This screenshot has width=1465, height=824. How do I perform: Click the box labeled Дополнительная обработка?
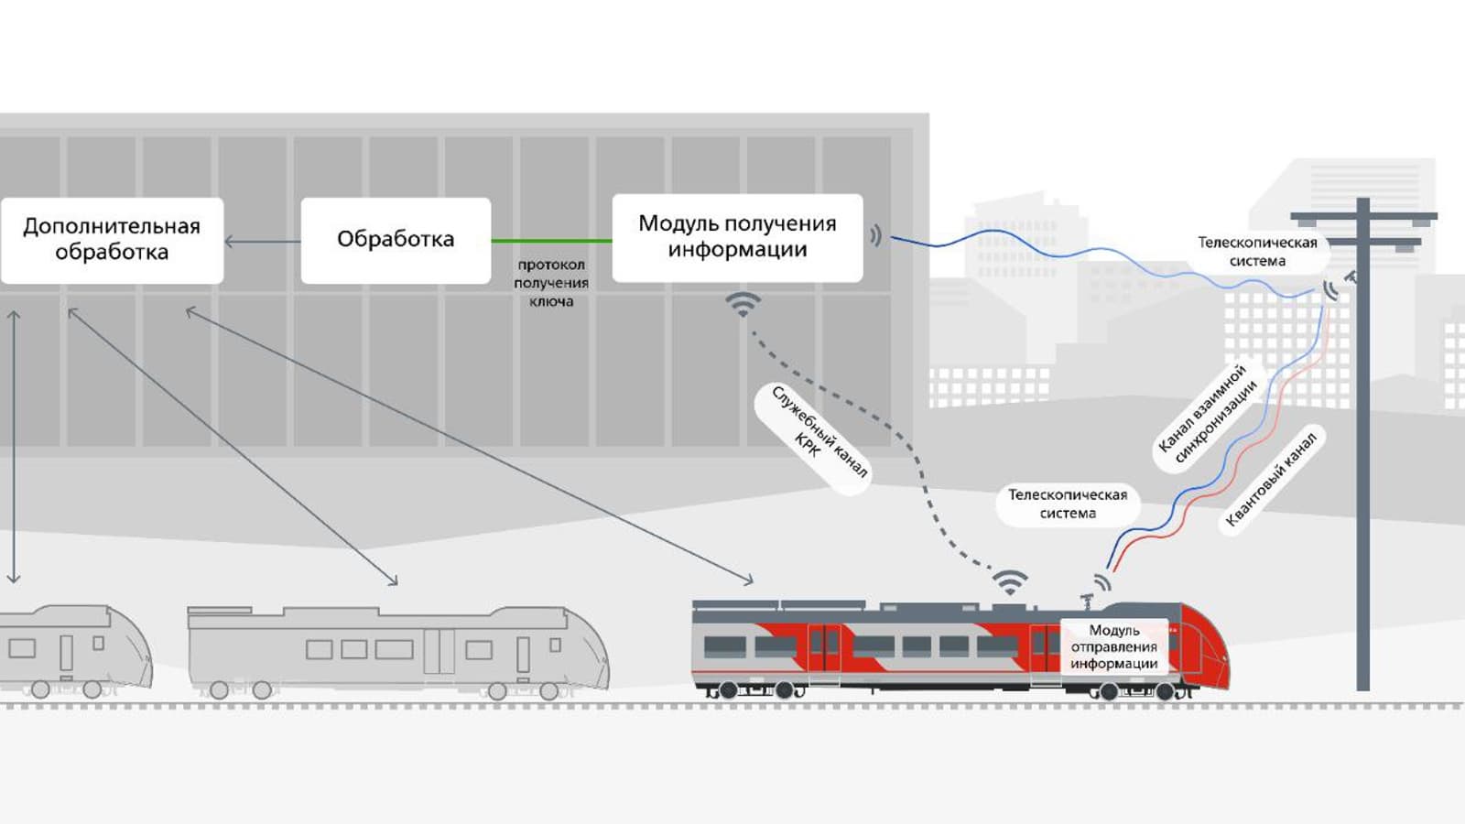click(112, 240)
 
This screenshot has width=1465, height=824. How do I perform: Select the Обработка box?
click(396, 240)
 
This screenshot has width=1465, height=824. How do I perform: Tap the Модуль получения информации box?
click(737, 237)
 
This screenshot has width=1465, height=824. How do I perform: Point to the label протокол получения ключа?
click(551, 283)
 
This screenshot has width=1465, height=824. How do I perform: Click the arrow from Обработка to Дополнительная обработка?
click(262, 242)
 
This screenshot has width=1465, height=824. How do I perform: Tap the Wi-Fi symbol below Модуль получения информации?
click(743, 303)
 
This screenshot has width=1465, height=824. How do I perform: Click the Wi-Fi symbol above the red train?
click(1010, 582)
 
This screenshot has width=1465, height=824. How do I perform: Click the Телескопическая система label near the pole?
click(1257, 252)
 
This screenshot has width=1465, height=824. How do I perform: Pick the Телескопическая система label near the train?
click(1068, 504)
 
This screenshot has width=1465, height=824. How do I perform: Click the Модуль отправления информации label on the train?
click(1113, 647)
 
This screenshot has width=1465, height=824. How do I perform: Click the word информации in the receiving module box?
click(737, 250)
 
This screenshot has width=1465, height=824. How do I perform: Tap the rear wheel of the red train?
click(728, 690)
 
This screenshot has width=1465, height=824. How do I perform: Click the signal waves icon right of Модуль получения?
click(876, 236)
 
